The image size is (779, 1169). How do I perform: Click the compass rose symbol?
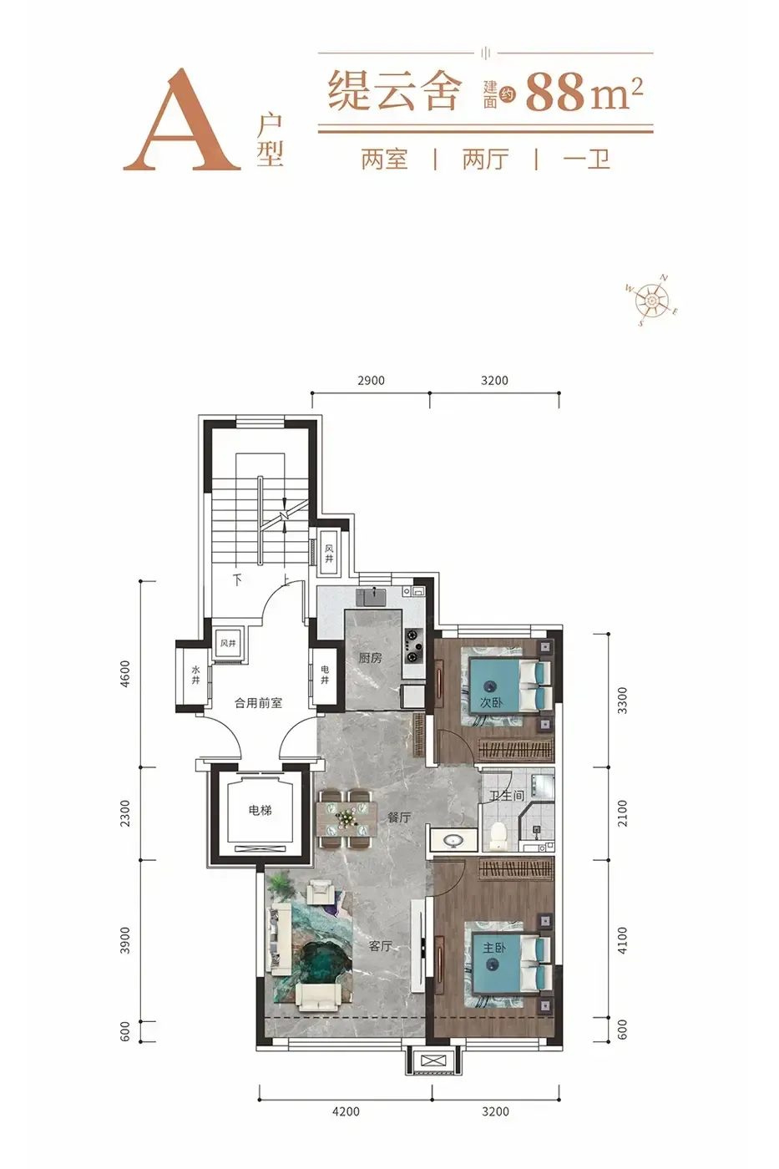click(x=652, y=300)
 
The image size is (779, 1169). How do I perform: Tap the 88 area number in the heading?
click(x=555, y=93)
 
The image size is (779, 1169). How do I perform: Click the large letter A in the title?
click(x=182, y=119)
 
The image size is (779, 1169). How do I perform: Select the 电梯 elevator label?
click(x=260, y=811)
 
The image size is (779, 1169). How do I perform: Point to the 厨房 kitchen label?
click(x=370, y=658)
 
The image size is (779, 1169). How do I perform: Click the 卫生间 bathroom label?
click(x=506, y=796)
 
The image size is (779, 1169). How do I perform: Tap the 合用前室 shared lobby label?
click(x=258, y=702)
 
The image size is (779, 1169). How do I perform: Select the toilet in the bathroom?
click(x=498, y=835)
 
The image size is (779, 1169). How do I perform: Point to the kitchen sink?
click(x=371, y=596)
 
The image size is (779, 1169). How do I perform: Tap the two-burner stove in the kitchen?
click(x=414, y=645)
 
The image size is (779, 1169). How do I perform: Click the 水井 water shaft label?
click(x=195, y=675)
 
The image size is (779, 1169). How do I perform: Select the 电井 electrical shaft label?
click(x=325, y=675)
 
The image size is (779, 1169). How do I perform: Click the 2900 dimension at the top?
click(x=371, y=381)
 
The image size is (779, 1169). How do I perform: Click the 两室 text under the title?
click(x=384, y=159)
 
